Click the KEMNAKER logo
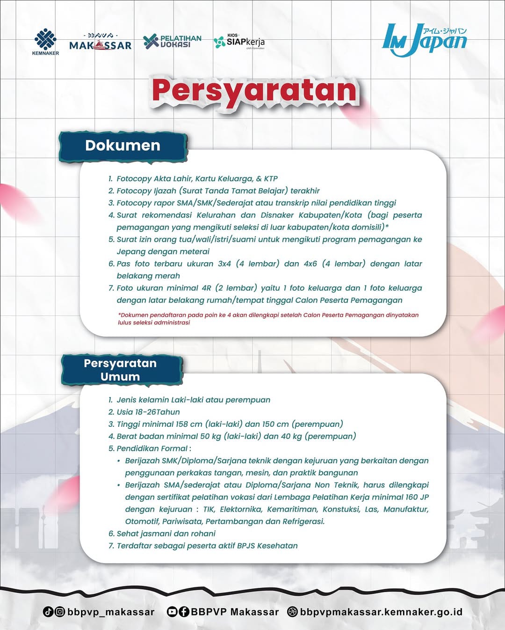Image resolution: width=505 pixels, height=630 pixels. pyautogui.click(x=45, y=42)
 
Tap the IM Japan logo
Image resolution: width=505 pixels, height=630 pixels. pyautogui.click(x=424, y=40)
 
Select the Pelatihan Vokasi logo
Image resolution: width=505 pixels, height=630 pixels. pyautogui.click(x=172, y=41)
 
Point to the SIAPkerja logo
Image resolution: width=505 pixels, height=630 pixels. pyautogui.click(x=239, y=42)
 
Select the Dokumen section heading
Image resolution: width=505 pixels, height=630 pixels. pyautogui.click(x=123, y=146)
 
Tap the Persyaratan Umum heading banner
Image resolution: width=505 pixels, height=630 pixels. pyautogui.click(x=120, y=370)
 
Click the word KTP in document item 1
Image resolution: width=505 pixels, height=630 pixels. pyautogui.click(x=271, y=179)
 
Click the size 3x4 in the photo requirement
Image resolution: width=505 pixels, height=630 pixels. pyautogui.click(x=224, y=264)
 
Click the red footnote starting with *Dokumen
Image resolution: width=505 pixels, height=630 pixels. pyautogui.click(x=268, y=319)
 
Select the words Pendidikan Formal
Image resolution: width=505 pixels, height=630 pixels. pyautogui.click(x=152, y=449)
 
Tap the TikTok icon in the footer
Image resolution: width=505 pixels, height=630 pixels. pyautogui.click(x=48, y=611)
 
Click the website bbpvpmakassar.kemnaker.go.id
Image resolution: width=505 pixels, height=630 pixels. pyautogui.click(x=381, y=612)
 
